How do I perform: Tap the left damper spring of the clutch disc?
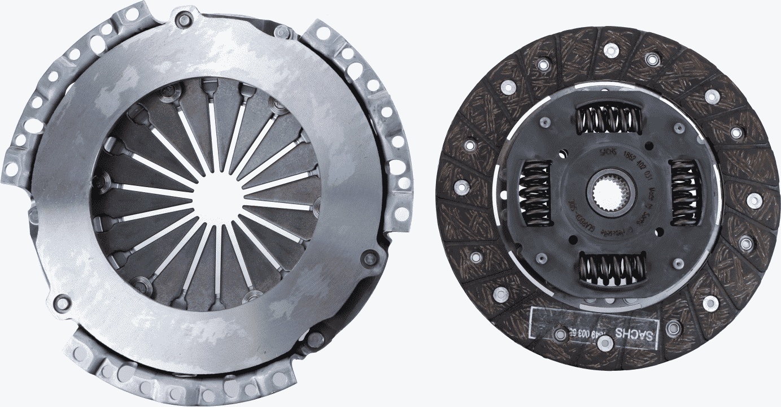(x=535, y=193)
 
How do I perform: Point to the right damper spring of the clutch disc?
(x=685, y=192)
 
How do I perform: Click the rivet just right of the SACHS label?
(x=673, y=327)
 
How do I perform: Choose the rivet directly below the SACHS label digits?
(x=605, y=341)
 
